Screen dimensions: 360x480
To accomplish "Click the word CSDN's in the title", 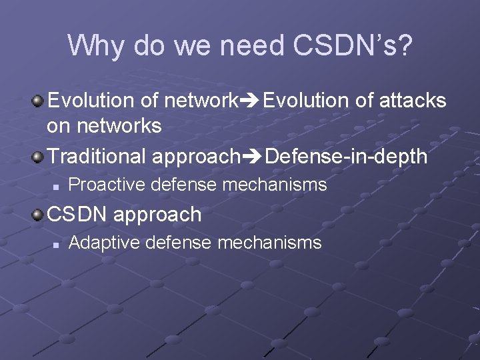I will point(351,45).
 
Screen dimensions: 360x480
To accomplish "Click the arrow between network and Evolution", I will point(250,101).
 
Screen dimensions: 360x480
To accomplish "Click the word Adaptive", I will point(104,243).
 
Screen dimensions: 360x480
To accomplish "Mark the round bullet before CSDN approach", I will point(39,215).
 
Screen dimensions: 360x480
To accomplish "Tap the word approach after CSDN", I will point(157,215).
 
